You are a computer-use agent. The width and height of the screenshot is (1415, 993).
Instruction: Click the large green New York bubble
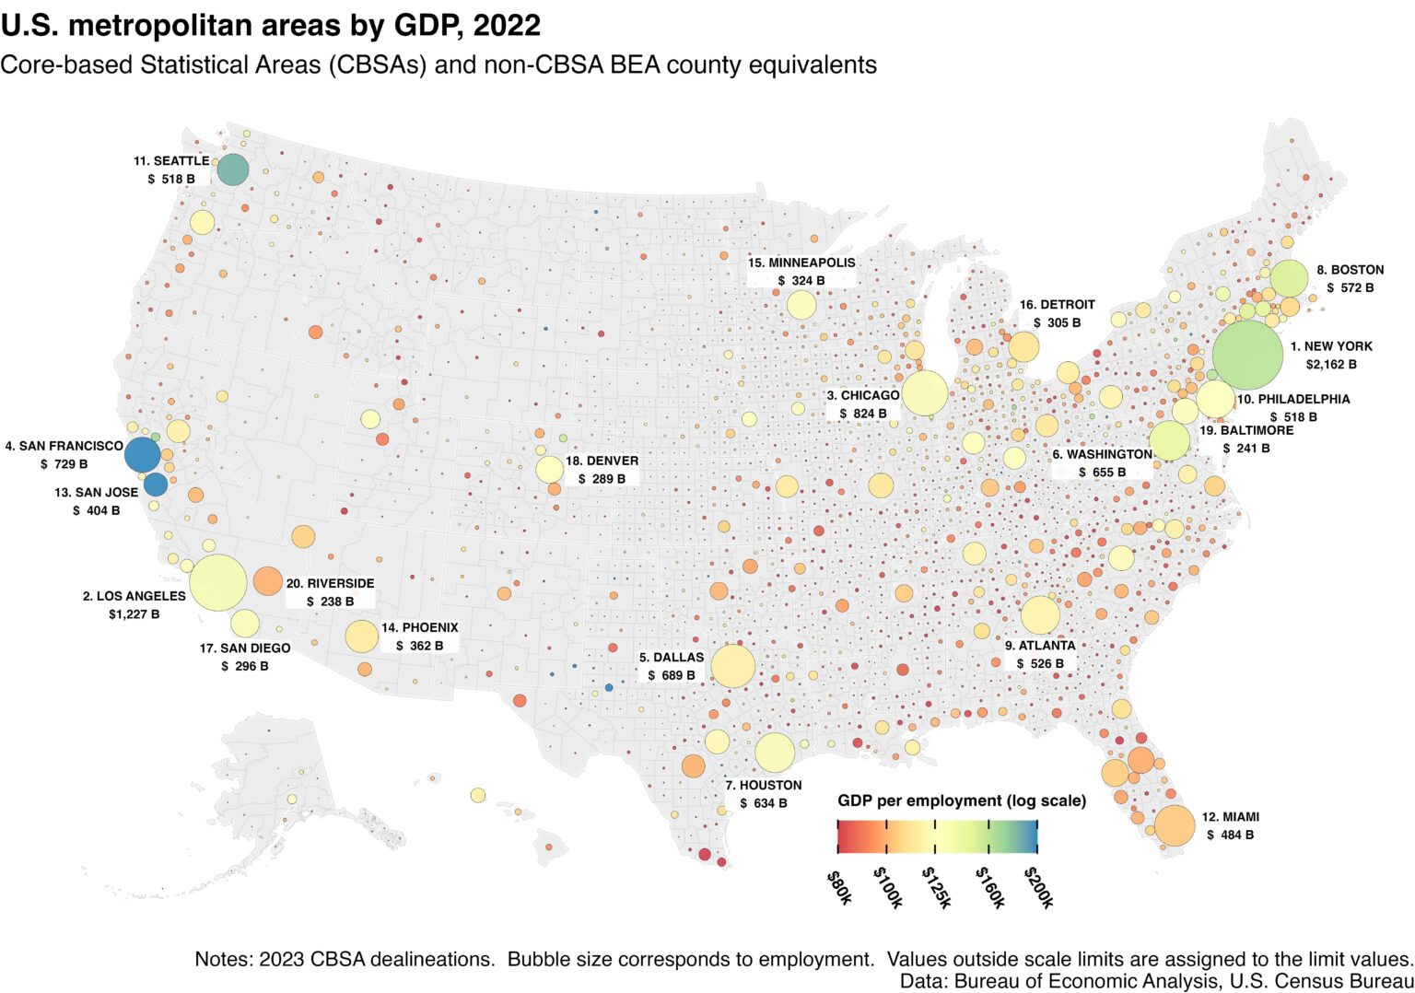1246,356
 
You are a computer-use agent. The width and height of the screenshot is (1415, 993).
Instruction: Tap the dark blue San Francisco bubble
143,455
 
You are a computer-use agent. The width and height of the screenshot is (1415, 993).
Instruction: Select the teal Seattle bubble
233,169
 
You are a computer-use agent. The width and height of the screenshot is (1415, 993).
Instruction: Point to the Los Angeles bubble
217,582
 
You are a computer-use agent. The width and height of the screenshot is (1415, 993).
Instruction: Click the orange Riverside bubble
267,581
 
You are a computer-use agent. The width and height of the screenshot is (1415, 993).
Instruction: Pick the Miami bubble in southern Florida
1174,825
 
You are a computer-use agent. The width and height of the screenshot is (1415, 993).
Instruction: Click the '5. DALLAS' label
672,658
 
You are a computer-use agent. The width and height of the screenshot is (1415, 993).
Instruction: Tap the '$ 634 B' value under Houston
763,803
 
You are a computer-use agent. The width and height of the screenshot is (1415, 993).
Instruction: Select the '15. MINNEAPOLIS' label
801,263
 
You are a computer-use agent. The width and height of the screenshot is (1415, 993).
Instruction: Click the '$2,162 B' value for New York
1330,365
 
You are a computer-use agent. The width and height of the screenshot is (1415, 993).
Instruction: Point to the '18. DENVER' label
602,461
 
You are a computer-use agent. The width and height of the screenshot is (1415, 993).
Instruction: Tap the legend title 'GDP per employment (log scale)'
961,800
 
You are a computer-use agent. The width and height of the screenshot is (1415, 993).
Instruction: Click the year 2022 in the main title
507,25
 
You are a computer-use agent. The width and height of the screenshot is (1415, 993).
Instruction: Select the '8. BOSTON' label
1350,270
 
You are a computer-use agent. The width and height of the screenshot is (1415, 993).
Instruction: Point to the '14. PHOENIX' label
419,628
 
